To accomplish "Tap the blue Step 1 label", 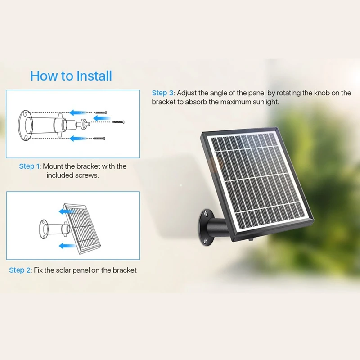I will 29,166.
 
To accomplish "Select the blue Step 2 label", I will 20,270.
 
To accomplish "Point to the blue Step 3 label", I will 162,93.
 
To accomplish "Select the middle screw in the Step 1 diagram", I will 118,122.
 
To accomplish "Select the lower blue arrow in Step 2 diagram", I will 67,246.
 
